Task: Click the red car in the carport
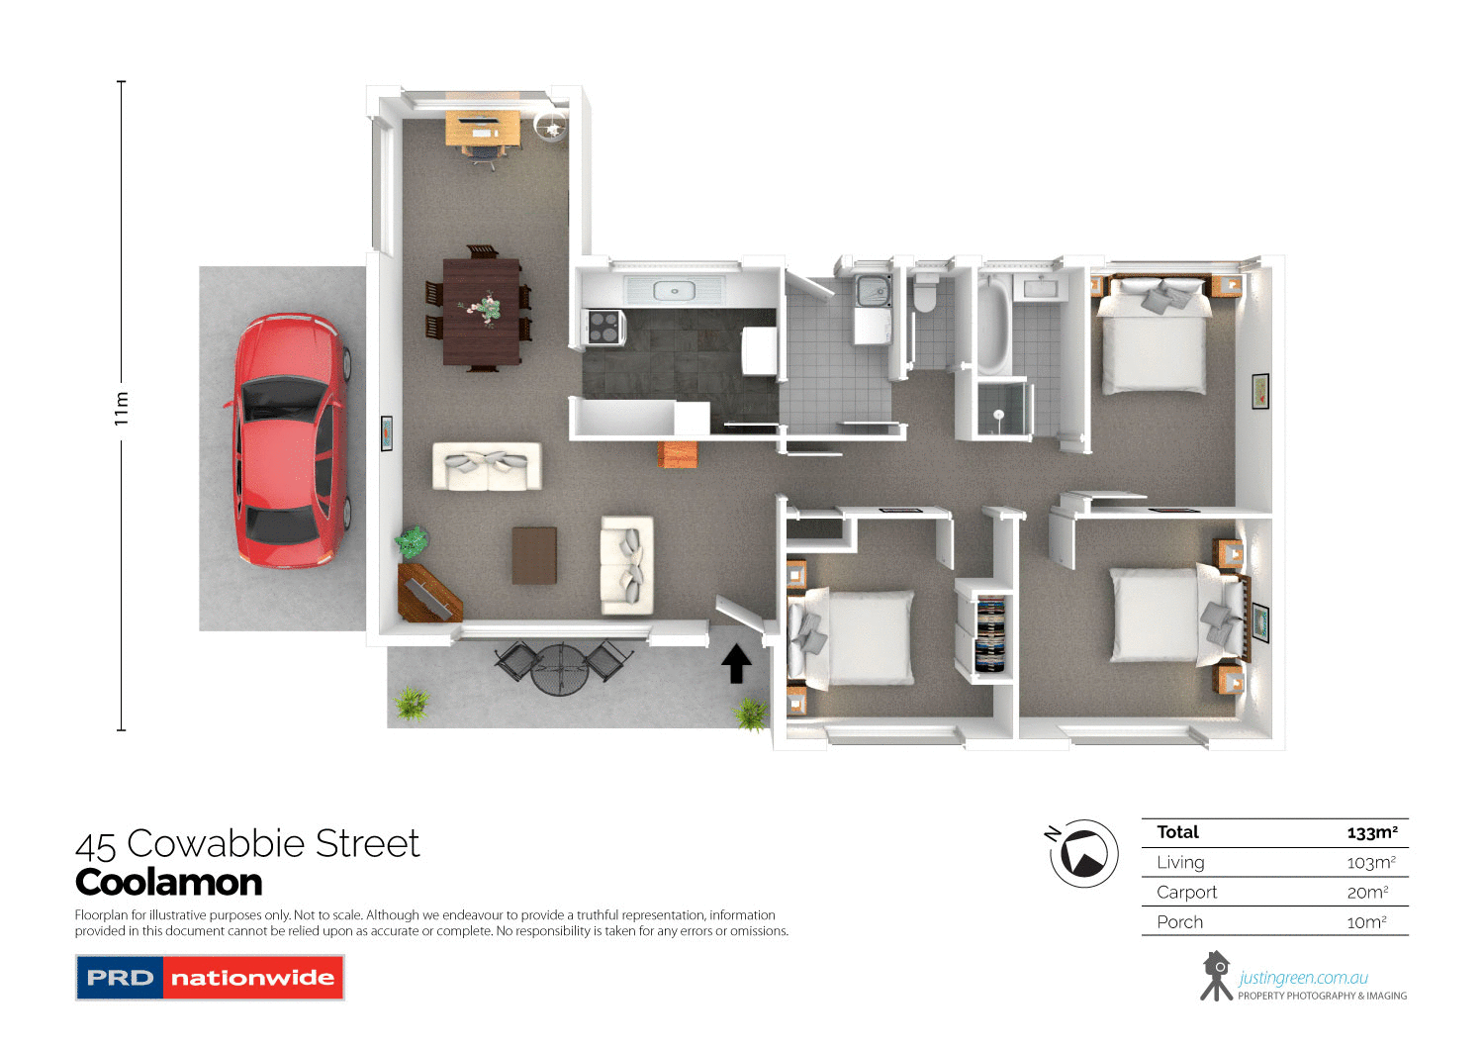pos(288,441)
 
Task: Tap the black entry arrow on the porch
pos(735,663)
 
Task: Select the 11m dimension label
pos(122,408)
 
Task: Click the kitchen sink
pos(674,291)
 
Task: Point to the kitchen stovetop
pos(604,327)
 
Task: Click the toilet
pos(925,295)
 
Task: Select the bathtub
pos(992,319)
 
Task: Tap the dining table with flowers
pos(482,311)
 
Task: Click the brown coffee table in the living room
pos(534,555)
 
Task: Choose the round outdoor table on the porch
pos(560,670)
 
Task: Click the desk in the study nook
pos(483,128)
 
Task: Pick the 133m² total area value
pos(1372,832)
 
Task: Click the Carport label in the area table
pos(1186,892)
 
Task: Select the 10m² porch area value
pos(1366,921)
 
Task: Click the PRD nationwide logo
pos(210,978)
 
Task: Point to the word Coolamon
pos(168,882)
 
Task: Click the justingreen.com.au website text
pos(1303,978)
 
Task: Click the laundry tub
pos(873,291)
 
